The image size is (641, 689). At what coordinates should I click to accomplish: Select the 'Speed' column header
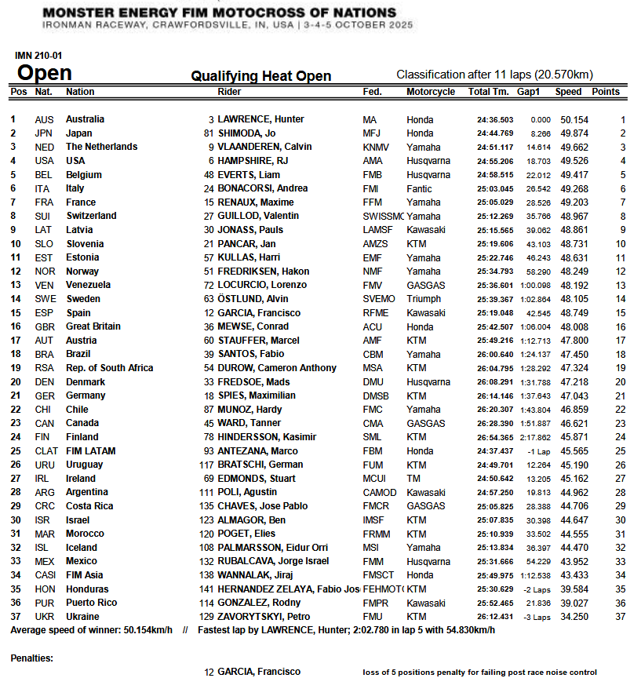coord(568,92)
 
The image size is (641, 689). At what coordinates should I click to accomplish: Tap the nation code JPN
coord(44,133)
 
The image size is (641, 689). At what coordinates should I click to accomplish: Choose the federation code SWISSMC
coord(383,216)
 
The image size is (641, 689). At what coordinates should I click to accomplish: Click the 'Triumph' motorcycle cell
coord(424,299)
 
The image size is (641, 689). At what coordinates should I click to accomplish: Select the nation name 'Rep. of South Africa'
coord(109,368)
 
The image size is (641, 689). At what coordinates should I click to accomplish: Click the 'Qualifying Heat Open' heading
coord(261,76)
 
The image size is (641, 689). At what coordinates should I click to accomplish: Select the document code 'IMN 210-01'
coord(39,56)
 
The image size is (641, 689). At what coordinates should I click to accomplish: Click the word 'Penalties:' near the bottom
coord(32,658)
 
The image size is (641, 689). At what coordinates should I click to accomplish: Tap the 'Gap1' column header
coord(528,92)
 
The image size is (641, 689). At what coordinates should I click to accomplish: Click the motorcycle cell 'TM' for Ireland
coord(413,479)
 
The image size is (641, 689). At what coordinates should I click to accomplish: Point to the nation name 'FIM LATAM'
coord(90,451)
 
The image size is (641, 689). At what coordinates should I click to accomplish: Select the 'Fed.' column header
coord(372,92)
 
